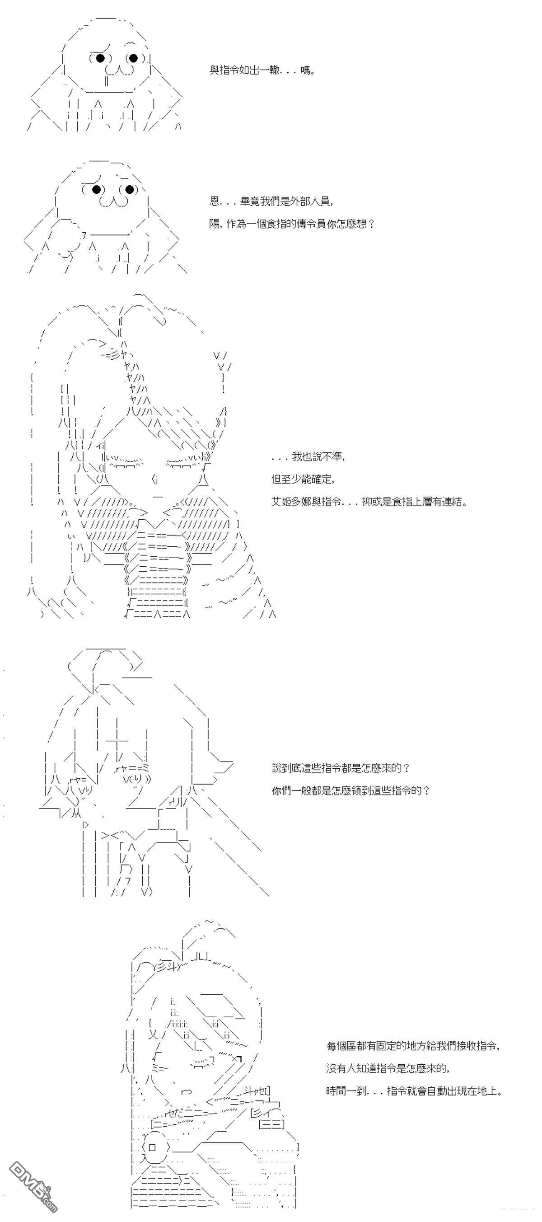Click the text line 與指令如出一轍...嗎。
click(x=263, y=70)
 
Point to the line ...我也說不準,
click(x=308, y=456)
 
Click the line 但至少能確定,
click(x=303, y=479)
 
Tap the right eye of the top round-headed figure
click(x=133, y=58)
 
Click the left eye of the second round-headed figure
click(x=96, y=189)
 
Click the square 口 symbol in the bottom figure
click(x=152, y=1147)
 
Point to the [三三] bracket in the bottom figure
click(x=271, y=1124)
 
